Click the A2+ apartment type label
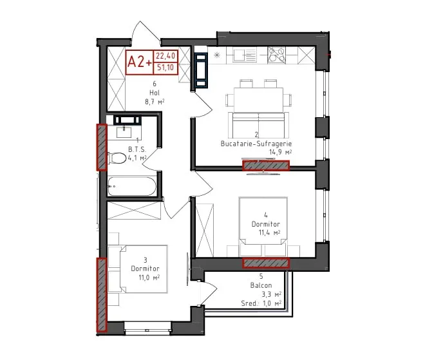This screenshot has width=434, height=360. [140, 62]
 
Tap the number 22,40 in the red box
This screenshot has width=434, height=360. [165, 56]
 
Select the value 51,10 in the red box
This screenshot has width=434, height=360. [165, 67]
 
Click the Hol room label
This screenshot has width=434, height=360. [155, 93]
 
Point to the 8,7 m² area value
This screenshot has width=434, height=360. [155, 102]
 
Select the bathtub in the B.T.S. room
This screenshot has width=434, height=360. [132, 186]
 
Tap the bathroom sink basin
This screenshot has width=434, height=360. [124, 131]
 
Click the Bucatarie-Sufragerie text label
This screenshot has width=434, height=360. [256, 144]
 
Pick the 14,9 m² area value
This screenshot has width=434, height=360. [281, 152]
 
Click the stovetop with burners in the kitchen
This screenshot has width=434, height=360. [276, 55]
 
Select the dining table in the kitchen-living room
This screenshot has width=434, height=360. [258, 100]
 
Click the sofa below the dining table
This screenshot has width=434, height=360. [258, 125]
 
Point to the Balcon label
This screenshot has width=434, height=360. [261, 285]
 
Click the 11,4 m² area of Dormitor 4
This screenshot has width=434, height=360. [269, 232]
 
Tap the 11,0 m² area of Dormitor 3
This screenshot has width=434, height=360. [149, 278]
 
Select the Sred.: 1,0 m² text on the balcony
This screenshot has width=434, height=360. [261, 303]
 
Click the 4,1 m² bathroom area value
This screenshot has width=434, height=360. [137, 158]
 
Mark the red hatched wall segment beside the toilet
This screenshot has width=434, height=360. [102, 147]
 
